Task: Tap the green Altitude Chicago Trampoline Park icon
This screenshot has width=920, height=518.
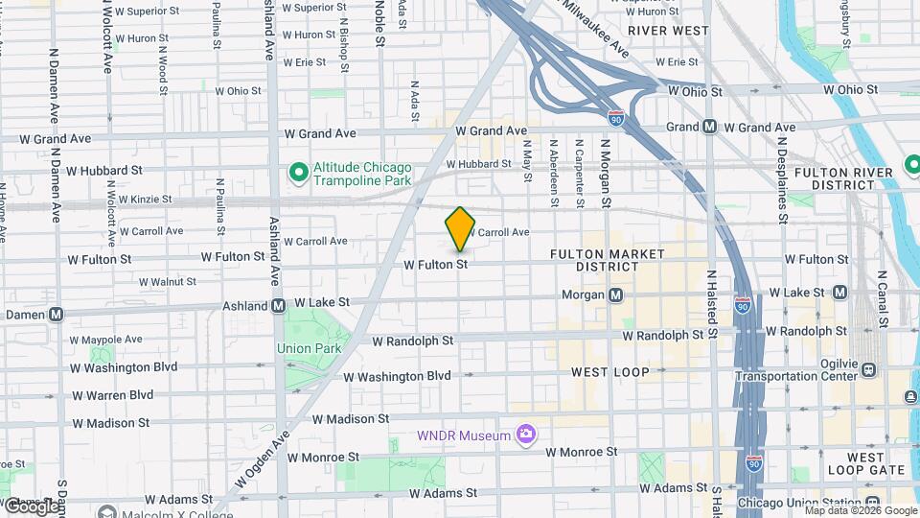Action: (x=299, y=173)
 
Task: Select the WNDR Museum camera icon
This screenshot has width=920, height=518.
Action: (x=525, y=436)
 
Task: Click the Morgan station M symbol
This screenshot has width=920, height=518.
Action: (x=616, y=294)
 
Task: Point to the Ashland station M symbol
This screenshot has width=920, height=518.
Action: (x=278, y=306)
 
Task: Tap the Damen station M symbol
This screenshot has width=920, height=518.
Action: (x=57, y=314)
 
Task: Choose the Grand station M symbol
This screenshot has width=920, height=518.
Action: (x=710, y=127)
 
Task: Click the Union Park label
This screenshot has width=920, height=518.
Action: (x=309, y=348)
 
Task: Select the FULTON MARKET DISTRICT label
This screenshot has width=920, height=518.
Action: (x=608, y=260)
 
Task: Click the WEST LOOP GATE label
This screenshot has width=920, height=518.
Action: (x=866, y=463)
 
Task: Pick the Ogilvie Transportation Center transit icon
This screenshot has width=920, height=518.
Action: (x=868, y=369)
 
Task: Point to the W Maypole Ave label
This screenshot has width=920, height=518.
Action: (x=104, y=340)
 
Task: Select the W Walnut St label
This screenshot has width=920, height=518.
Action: (x=168, y=282)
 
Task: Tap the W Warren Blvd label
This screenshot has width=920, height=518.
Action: (x=113, y=394)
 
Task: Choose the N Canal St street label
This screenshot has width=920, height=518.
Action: (x=883, y=298)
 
